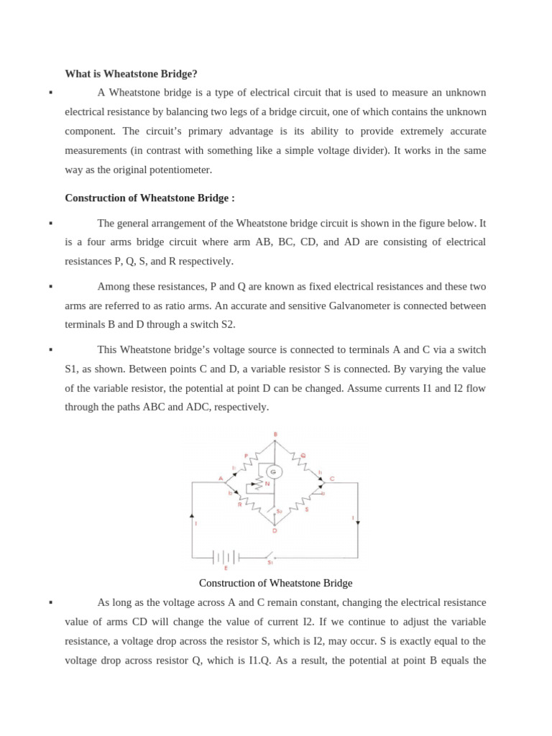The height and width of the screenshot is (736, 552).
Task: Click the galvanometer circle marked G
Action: (x=273, y=472)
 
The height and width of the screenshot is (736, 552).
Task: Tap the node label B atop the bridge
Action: (x=275, y=434)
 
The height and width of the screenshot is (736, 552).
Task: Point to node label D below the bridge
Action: (x=275, y=531)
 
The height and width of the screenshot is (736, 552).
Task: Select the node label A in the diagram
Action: (x=221, y=478)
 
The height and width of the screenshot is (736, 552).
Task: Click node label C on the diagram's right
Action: (x=331, y=479)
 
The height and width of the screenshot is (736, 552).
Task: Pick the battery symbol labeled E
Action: (x=226, y=557)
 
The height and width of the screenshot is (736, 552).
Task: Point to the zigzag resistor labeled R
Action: (x=248, y=500)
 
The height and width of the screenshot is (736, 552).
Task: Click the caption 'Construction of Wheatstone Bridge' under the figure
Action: (x=275, y=583)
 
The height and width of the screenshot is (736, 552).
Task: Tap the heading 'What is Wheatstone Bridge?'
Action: (x=131, y=73)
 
